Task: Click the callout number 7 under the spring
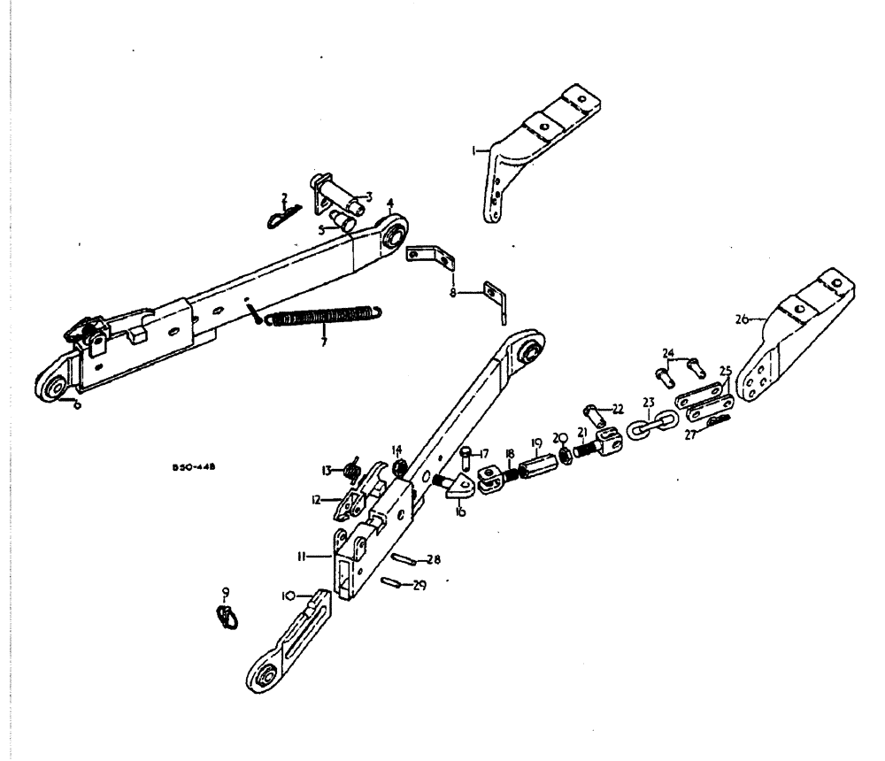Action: point(324,341)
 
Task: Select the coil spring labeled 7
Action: point(323,316)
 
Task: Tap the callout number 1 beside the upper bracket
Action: point(475,151)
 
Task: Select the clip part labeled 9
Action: point(227,615)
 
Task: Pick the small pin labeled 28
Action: point(405,558)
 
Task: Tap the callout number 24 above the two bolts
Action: point(666,353)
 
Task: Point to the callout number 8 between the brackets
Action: point(453,289)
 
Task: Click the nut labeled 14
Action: point(397,465)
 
